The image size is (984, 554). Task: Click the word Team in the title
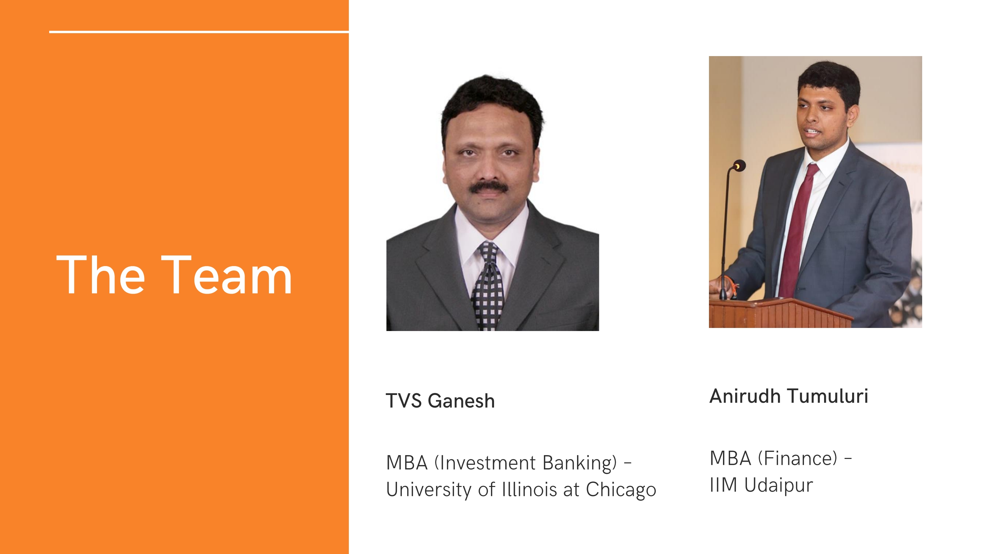coord(227,275)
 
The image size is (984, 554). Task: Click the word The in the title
coord(101,275)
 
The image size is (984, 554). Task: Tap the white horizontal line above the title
coord(199,32)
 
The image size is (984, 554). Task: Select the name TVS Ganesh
coord(440,401)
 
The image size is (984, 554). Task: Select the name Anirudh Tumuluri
coord(789,396)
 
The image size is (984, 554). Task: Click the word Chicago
coord(621,490)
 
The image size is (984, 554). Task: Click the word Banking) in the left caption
coord(580,463)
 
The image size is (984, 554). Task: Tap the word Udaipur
coord(779,485)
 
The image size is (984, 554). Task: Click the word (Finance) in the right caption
coord(797,458)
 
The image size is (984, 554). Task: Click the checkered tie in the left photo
coord(488,287)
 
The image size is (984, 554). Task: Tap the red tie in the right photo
coord(797,229)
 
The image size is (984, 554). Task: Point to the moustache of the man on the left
coord(489,187)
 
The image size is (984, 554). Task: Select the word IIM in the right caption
coord(724,485)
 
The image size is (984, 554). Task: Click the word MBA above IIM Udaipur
coord(730,458)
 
